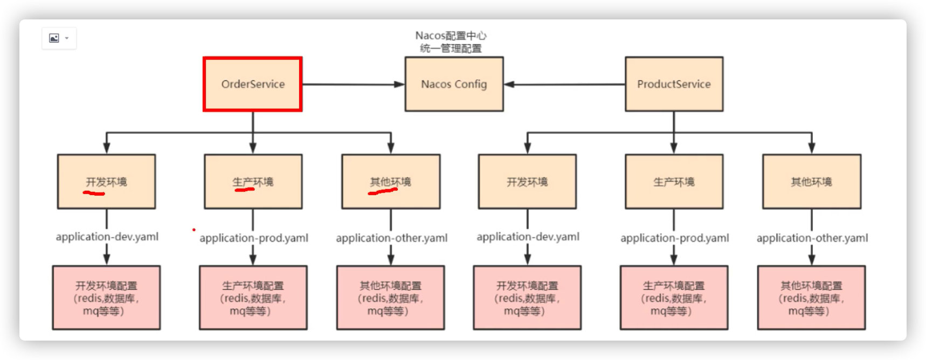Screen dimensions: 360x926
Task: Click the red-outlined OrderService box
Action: (252, 84)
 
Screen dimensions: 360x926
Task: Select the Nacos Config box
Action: (454, 84)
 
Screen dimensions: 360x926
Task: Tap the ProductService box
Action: (674, 84)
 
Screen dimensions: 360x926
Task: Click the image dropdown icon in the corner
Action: (59, 38)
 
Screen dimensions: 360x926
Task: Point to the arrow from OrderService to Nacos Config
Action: (353, 85)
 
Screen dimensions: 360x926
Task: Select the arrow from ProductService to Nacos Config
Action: (564, 85)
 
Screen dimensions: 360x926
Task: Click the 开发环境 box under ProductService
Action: (527, 182)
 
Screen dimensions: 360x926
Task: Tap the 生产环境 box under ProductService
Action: (674, 182)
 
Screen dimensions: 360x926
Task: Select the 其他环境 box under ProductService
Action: (811, 182)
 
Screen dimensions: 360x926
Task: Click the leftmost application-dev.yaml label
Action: (107, 237)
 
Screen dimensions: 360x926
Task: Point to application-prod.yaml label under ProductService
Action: (674, 238)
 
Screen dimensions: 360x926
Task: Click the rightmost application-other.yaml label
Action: (812, 238)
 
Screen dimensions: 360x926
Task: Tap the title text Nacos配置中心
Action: (451, 36)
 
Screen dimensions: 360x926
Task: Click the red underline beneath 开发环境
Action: (94, 192)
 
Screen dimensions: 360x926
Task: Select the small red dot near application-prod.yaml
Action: (194, 230)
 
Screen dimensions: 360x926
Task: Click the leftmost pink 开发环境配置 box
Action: (106, 297)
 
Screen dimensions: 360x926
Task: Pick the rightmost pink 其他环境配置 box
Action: (811, 297)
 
